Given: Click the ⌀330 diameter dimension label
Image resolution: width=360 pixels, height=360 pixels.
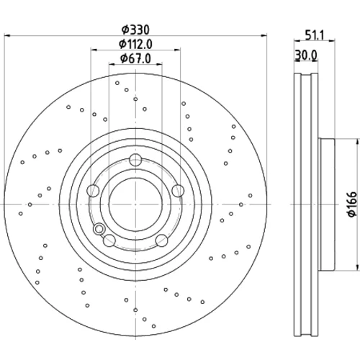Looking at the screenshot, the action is click(135, 30).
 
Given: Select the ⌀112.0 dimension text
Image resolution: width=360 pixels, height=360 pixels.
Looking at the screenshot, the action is click(135, 44).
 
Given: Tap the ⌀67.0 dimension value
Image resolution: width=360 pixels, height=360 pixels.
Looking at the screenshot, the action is click(135, 58).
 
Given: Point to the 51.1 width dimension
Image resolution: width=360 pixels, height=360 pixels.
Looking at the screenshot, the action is click(315, 35).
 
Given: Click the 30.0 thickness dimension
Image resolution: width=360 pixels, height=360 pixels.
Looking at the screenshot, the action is click(306, 55).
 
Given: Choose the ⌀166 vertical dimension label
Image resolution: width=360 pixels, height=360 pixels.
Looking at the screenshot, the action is click(352, 204).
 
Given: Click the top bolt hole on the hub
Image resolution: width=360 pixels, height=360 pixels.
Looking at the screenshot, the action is click(135, 160).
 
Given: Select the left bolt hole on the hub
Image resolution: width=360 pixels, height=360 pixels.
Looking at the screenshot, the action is click(93, 191).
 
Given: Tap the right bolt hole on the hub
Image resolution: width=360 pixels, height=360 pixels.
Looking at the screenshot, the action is click(178, 191).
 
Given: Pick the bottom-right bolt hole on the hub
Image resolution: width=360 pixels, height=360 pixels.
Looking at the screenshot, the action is click(162, 240).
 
